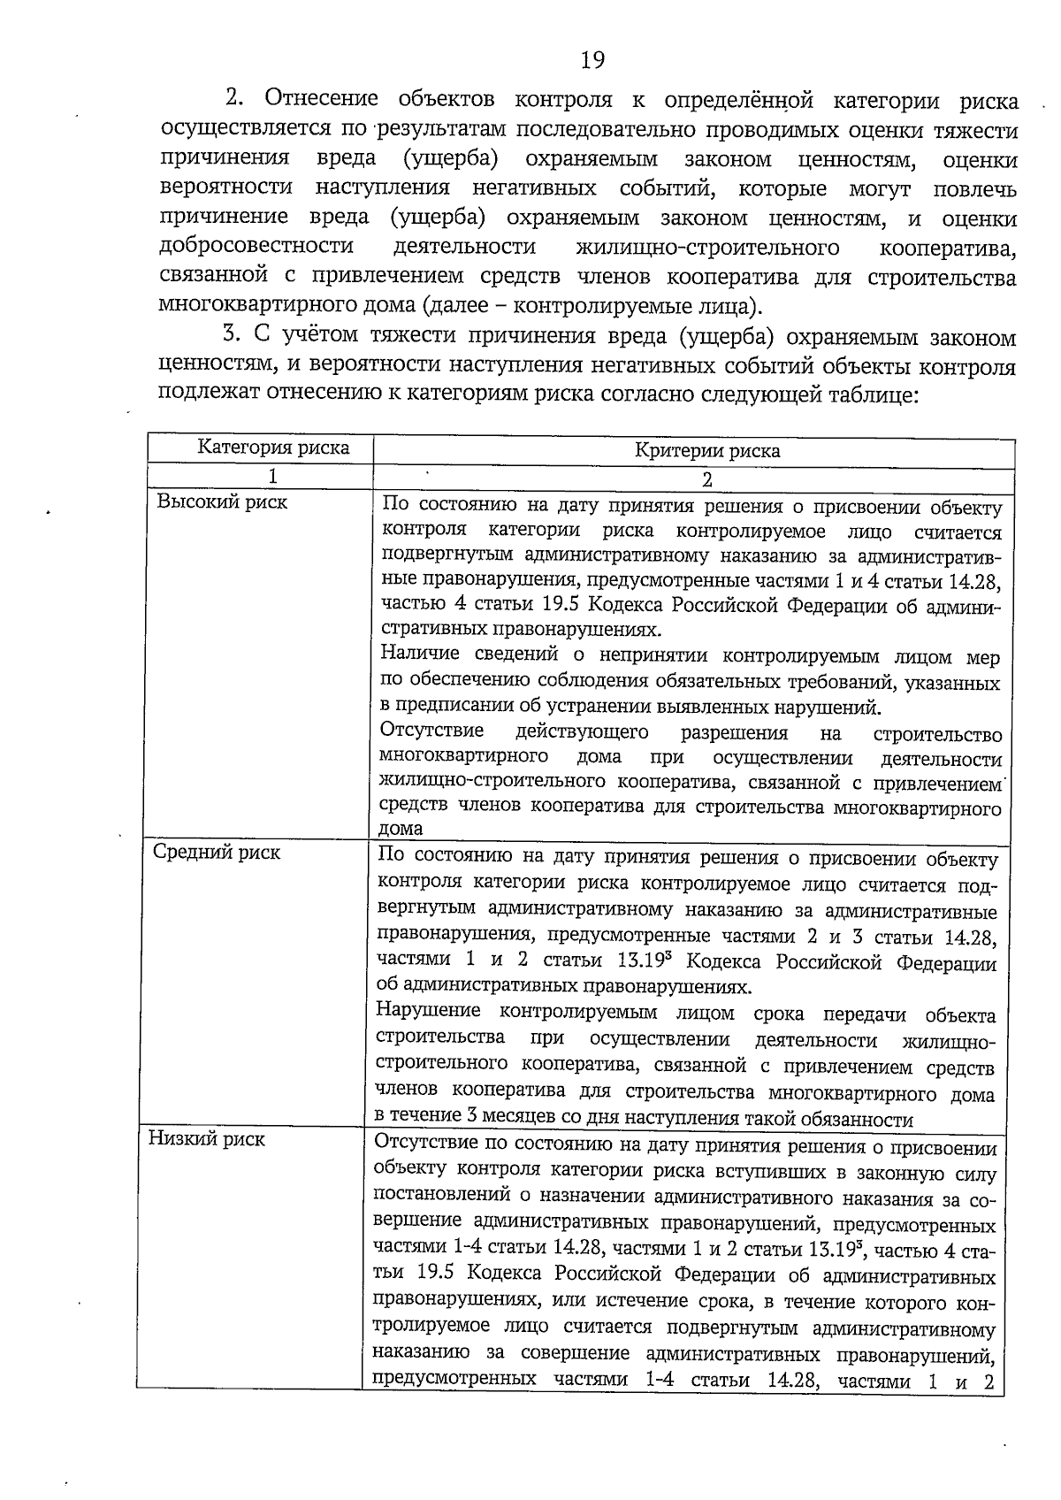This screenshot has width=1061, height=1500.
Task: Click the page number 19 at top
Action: click(x=593, y=60)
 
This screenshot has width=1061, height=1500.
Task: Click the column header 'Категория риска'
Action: click(x=273, y=448)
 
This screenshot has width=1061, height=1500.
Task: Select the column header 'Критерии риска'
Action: click(x=707, y=451)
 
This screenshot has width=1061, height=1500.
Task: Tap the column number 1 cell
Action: click(x=273, y=477)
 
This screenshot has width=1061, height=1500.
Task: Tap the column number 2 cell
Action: click(x=706, y=480)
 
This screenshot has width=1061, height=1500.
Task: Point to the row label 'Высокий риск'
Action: click(x=223, y=502)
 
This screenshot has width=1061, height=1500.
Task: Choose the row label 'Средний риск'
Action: click(x=217, y=853)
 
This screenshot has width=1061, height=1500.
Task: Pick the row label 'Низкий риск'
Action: click(x=206, y=1139)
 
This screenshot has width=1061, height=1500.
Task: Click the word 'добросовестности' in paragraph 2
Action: click(x=257, y=246)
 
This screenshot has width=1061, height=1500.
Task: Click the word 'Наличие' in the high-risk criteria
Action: click(x=421, y=654)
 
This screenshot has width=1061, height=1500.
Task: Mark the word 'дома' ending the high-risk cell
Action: click(x=401, y=829)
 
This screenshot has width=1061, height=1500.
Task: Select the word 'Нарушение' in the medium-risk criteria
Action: click(x=429, y=1011)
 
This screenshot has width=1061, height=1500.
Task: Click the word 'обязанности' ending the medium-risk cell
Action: click(x=861, y=1121)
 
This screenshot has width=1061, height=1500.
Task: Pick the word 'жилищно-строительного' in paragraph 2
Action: click(x=707, y=247)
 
